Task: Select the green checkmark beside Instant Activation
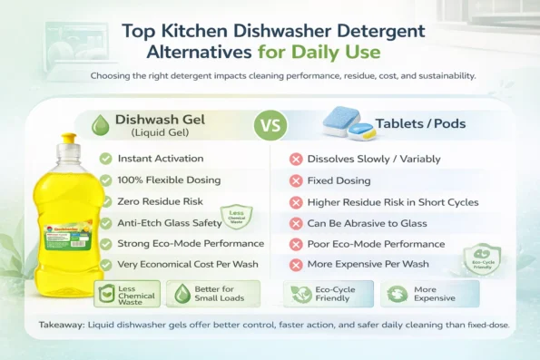click(x=106, y=159)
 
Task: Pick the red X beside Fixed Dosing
click(x=295, y=180)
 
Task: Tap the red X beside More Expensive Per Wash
click(x=295, y=265)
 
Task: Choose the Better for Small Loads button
click(x=201, y=293)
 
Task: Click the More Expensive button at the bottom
click(x=429, y=293)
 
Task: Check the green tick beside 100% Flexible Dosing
click(x=106, y=180)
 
